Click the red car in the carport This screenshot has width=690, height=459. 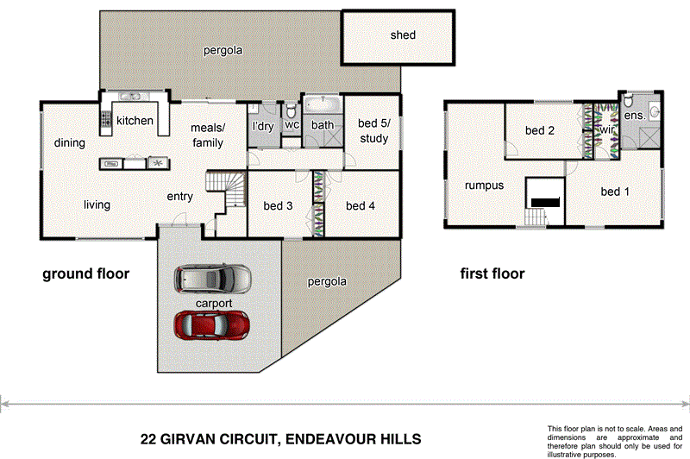(212, 325)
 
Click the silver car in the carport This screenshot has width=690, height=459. (212, 279)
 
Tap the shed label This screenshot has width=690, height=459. (402, 35)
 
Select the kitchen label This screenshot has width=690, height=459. (135, 121)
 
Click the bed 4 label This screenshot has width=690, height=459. (361, 206)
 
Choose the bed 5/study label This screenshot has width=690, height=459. (373, 131)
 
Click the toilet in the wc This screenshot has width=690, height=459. (292, 110)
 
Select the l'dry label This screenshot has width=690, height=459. (262, 127)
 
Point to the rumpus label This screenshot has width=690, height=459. (484, 185)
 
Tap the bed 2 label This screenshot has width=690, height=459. (539, 131)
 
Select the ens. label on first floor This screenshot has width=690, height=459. (634, 115)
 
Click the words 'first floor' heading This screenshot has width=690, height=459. (492, 274)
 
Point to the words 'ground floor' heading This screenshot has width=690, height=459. (86, 274)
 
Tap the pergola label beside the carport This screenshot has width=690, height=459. (327, 282)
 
